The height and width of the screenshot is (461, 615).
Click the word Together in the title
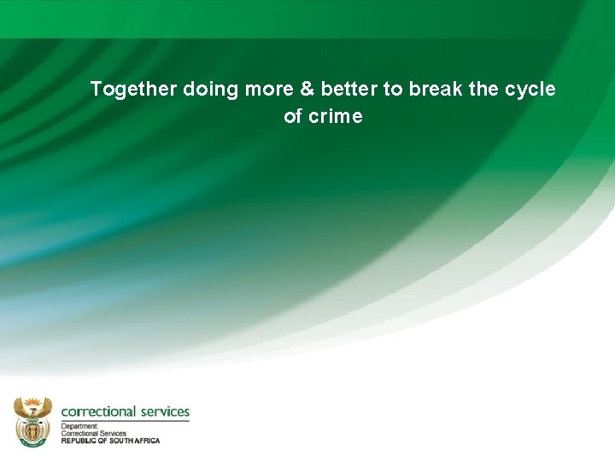coord(133,90)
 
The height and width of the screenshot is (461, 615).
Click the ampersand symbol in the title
coord(308,90)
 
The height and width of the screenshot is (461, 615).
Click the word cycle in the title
coord(530,90)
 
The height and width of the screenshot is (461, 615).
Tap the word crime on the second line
coord(336,117)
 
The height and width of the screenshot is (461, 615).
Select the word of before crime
coord(293,117)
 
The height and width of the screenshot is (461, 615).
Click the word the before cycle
coord(483,90)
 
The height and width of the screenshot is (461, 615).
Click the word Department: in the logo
coord(79,426)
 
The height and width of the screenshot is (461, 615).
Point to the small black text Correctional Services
coord(93,433)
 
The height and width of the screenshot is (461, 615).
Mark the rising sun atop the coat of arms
coord(32,400)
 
